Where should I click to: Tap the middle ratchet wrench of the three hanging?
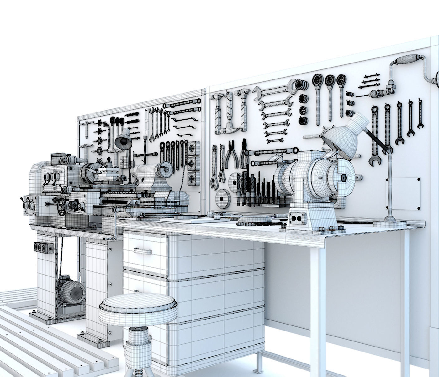pos(329,94)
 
